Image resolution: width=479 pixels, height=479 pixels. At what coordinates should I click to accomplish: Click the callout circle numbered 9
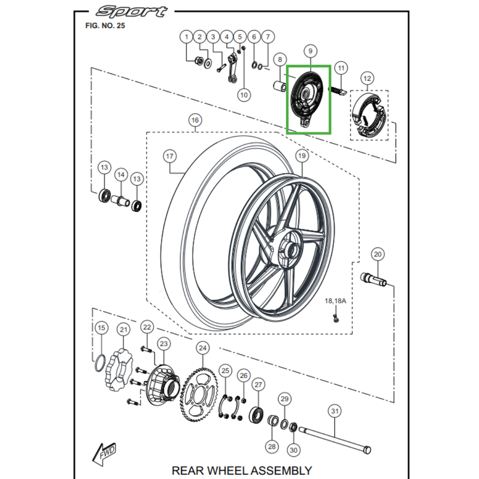(x=310, y=52)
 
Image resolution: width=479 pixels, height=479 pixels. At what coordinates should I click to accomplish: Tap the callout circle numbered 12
(x=367, y=78)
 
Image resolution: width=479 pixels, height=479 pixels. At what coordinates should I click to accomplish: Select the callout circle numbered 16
(x=194, y=121)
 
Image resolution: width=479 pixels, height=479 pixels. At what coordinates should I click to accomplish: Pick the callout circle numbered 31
(x=335, y=411)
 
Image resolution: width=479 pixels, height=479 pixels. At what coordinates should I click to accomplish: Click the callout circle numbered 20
(x=377, y=254)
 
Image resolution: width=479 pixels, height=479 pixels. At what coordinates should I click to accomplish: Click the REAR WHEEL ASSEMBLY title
(x=241, y=471)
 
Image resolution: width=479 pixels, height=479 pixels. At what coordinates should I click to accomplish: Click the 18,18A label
(x=335, y=301)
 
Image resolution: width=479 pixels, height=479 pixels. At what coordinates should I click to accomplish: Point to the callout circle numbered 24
(x=202, y=348)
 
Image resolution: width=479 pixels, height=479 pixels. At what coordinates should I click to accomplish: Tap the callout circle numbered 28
(x=271, y=447)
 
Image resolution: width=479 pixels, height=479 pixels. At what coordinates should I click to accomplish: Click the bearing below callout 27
(x=257, y=414)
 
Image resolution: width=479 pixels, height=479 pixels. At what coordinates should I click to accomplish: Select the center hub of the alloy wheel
(x=287, y=250)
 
